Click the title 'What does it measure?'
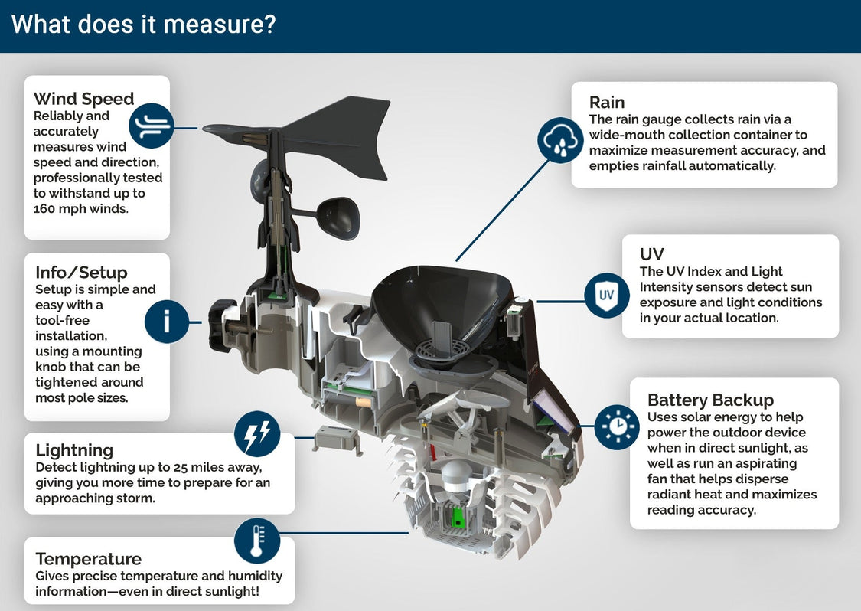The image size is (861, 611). click(x=143, y=25)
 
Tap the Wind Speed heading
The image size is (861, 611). click(x=83, y=99)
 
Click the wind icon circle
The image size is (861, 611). click(x=151, y=126)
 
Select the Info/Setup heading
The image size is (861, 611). click(x=81, y=273)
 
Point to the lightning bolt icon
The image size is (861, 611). click(x=256, y=434)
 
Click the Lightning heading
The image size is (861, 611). click(x=74, y=449)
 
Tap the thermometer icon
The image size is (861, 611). click(x=256, y=541)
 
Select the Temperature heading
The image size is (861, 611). click(x=88, y=558)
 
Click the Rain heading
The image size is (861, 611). click(x=607, y=103)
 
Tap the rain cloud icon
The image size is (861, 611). click(x=560, y=140)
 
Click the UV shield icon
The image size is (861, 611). click(x=606, y=295)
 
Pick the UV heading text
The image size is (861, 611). click(x=651, y=254)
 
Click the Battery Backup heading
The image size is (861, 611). click(x=710, y=400)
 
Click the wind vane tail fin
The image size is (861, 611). click(x=341, y=134)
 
